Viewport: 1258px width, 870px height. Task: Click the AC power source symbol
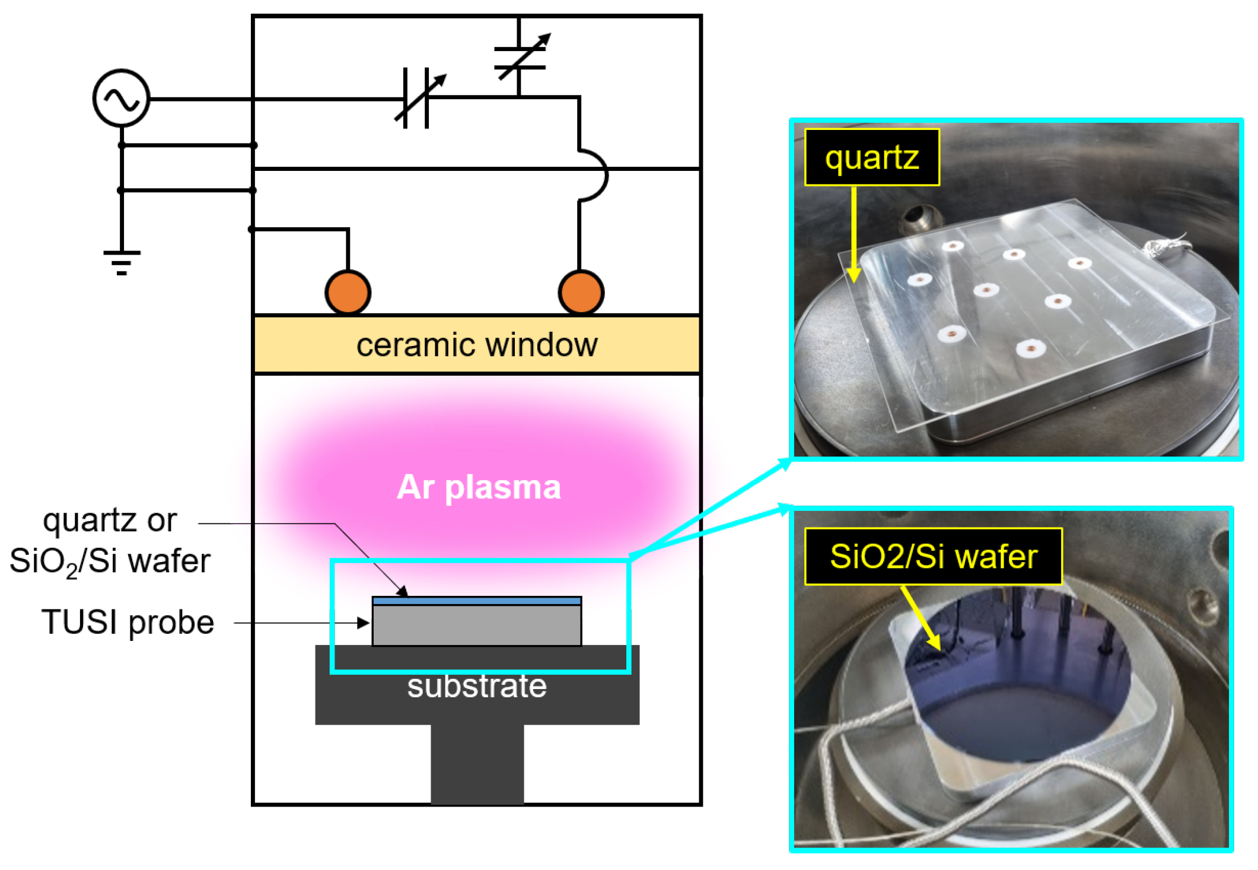(121, 98)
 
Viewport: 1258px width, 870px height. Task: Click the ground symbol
(122, 262)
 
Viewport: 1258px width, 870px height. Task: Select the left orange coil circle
(348, 292)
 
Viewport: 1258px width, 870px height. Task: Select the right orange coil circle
(581, 292)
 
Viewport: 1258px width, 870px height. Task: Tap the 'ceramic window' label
(477, 345)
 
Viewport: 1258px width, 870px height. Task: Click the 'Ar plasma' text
(479, 487)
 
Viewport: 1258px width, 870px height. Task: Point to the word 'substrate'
(477, 687)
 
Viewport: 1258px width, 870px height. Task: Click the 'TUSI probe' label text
(128, 622)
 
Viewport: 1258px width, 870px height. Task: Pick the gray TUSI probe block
(477, 625)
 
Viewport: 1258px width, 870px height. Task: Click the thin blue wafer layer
(477, 601)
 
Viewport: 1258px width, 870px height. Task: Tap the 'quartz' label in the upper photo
(871, 157)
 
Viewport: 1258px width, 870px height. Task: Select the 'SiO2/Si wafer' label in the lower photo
(933, 557)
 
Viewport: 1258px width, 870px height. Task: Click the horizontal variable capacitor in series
(416, 99)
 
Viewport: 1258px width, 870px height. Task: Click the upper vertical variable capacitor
(520, 58)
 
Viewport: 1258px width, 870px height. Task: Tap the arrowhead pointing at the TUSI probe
(363, 623)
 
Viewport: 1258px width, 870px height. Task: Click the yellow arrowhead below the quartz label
(853, 274)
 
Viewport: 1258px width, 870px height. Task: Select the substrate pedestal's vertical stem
(477, 764)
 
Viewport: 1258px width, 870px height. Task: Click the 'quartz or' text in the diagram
(110, 520)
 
